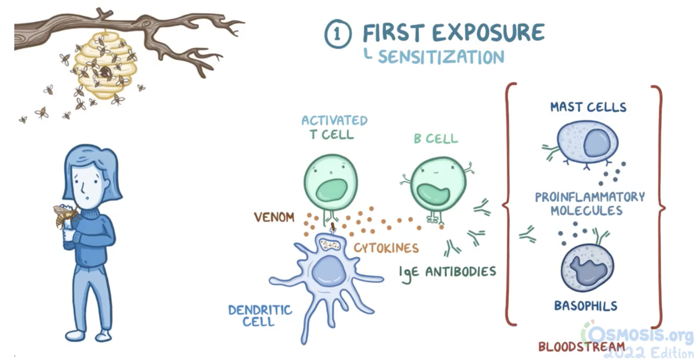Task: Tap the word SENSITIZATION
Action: (x=441, y=57)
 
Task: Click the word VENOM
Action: (x=274, y=217)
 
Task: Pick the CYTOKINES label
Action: (x=386, y=247)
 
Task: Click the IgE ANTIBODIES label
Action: (x=448, y=272)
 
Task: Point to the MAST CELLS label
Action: (x=588, y=107)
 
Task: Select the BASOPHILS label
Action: (x=586, y=305)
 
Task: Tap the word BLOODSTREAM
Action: (x=581, y=346)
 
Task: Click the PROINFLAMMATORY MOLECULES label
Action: (x=590, y=204)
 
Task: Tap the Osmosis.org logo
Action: (x=638, y=334)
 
